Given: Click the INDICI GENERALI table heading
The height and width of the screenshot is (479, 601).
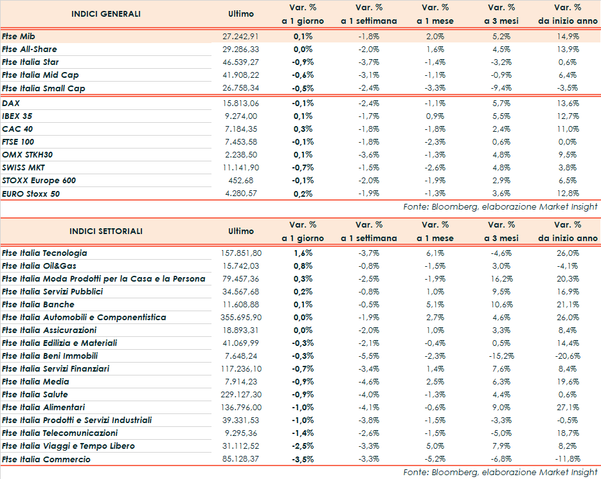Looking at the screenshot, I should (106, 14).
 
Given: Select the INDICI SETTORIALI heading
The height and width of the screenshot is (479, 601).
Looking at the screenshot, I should (106, 231).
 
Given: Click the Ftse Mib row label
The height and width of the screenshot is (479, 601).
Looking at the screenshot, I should (18, 37).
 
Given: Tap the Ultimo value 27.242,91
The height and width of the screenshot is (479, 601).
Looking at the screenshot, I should (241, 37).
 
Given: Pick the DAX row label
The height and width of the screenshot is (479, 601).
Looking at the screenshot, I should (11, 103).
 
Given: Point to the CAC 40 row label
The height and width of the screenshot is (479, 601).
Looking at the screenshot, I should (18, 129).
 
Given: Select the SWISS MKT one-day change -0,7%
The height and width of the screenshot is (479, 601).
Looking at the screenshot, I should (302, 167).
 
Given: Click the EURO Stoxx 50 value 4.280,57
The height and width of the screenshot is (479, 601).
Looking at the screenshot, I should (241, 193).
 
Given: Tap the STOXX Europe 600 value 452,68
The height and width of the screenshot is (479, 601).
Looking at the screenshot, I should (245, 180).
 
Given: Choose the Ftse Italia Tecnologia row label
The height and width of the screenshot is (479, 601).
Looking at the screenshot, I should (44, 253).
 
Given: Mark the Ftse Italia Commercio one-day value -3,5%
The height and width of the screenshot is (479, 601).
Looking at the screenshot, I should (302, 459).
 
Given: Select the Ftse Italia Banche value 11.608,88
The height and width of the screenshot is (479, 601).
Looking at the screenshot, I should (241, 304).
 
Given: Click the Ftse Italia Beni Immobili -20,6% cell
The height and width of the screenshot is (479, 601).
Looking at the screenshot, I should (568, 356).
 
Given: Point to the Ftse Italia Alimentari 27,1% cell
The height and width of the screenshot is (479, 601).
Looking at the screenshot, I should (568, 407).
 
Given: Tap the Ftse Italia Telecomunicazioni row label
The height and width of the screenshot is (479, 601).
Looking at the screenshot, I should (60, 433).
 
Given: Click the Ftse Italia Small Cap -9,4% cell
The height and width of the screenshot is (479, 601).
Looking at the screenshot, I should (501, 88).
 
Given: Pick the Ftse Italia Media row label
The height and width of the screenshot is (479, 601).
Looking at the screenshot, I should (35, 381).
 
